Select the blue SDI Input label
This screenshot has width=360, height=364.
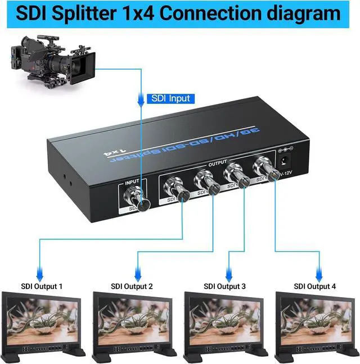(x=171, y=98)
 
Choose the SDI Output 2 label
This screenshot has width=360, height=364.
(x=132, y=286)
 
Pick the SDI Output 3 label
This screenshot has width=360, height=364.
(x=224, y=286)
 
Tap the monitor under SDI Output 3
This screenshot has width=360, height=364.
(x=226, y=323)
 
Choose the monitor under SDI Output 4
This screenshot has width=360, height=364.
(x=317, y=323)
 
